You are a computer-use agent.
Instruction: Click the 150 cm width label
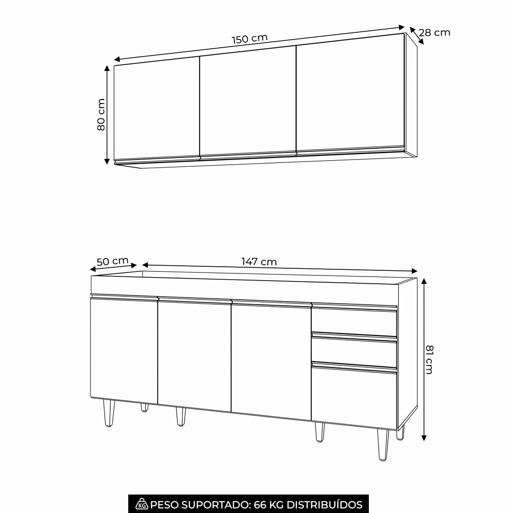(250, 38)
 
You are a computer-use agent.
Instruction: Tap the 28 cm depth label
(435, 32)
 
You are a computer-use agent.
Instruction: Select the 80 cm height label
(101, 114)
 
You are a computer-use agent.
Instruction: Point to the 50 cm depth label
(112, 262)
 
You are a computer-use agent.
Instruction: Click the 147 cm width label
(259, 262)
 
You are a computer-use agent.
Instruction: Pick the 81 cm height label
(429, 360)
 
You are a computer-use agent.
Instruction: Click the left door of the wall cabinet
(156, 110)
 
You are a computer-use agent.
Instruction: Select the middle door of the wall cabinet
(248, 102)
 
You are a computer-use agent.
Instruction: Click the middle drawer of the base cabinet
(354, 351)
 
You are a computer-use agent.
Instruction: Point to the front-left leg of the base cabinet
(109, 413)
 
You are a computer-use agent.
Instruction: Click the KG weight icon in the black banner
(142, 504)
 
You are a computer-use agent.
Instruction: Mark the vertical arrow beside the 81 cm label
(424, 360)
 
